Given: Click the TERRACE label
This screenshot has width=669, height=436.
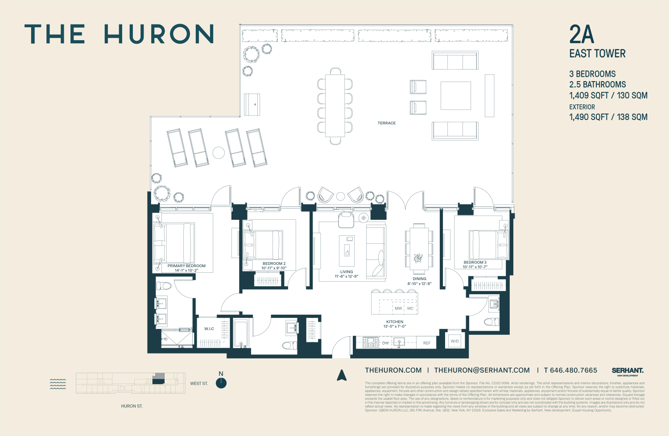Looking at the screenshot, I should [x=386, y=123].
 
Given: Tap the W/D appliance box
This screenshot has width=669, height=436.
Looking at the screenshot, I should [x=454, y=341].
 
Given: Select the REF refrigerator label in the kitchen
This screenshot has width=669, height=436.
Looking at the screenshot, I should [x=427, y=343].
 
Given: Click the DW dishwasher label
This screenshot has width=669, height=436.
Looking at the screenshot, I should [x=385, y=343].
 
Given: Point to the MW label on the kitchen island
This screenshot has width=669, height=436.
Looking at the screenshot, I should [x=398, y=308].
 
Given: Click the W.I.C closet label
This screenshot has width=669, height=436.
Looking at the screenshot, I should [x=209, y=329].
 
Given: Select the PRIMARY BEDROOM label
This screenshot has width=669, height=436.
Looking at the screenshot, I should [x=186, y=266].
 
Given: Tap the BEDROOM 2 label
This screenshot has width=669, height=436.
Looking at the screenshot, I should [x=274, y=263].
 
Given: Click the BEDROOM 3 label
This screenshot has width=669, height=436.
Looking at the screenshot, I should [x=475, y=262].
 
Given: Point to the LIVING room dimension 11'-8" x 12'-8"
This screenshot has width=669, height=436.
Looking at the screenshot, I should [x=347, y=276].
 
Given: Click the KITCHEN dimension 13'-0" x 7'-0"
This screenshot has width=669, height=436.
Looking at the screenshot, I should [x=395, y=326].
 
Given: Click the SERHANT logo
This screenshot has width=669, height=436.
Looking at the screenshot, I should [x=628, y=370].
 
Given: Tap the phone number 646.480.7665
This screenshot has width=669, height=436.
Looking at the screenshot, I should [x=573, y=370].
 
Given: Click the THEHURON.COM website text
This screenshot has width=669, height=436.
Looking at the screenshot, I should [x=393, y=370].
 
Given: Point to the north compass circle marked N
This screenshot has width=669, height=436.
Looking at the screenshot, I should [x=221, y=383].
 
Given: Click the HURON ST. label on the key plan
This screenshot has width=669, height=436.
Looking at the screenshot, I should [x=132, y=406].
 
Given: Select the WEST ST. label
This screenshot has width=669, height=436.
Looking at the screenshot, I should [x=199, y=383].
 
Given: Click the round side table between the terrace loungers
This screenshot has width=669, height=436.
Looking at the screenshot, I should [x=219, y=153].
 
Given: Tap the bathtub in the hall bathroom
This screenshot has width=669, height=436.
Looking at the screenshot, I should [x=241, y=333].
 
